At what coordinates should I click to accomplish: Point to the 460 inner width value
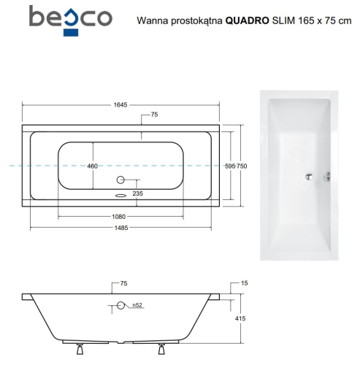coord(93,166)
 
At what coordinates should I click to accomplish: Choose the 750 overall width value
coord(242,166)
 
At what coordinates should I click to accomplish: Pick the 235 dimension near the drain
coord(137,193)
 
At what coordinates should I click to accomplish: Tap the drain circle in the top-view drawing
coord(120,180)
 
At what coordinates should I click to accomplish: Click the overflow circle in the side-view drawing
coord(120,306)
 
